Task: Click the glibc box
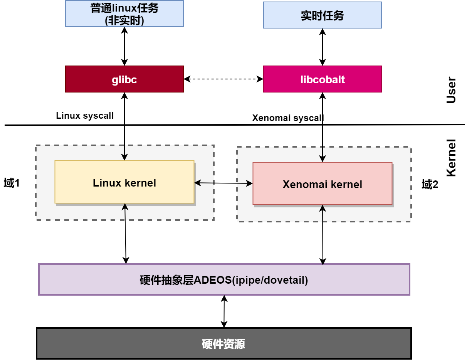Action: (x=124, y=79)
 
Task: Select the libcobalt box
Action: (x=322, y=79)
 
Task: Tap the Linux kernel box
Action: (x=124, y=182)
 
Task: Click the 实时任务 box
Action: (x=322, y=15)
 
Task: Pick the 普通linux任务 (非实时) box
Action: (x=124, y=13)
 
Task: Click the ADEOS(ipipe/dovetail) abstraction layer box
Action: (x=224, y=279)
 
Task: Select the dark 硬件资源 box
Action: (x=223, y=343)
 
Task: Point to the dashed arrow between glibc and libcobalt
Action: (x=223, y=79)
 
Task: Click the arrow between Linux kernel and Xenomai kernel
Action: (x=223, y=183)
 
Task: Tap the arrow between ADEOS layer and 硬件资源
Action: (x=224, y=311)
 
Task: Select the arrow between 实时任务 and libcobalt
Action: (x=322, y=47)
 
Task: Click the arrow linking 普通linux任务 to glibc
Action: (x=124, y=46)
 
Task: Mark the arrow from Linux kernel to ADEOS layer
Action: (x=125, y=233)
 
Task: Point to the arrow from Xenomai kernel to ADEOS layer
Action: (x=323, y=234)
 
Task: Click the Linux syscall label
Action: (x=85, y=116)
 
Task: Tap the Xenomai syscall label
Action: (x=288, y=118)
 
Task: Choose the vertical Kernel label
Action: (x=451, y=158)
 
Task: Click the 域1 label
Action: (x=12, y=183)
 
